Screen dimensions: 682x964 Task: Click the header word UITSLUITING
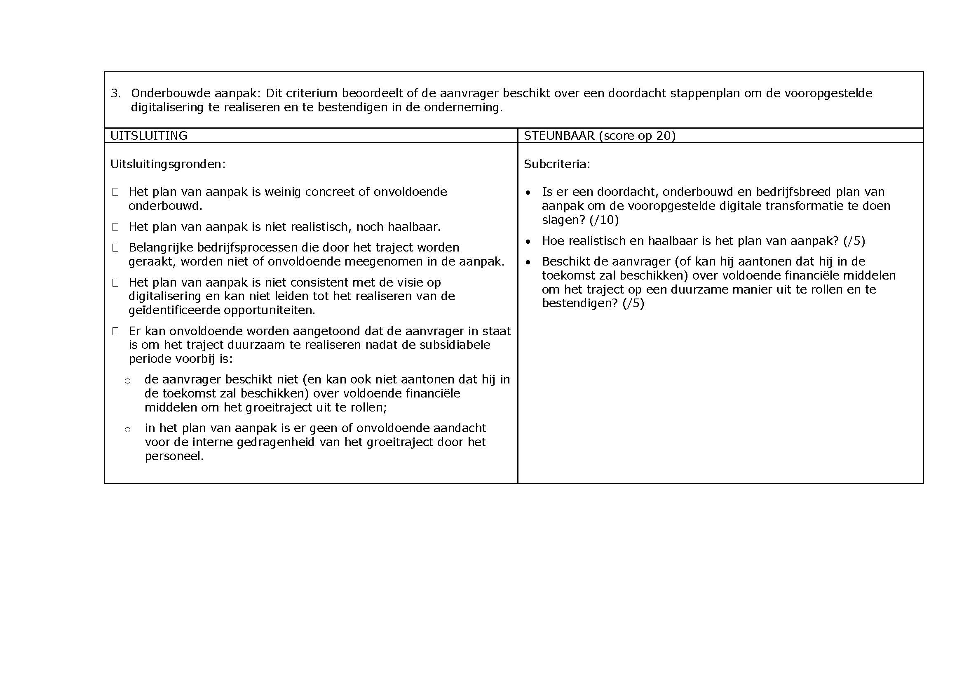(149, 136)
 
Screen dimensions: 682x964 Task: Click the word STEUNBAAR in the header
(559, 136)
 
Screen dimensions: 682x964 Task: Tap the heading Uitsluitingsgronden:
(168, 164)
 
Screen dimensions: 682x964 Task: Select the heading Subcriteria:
(557, 164)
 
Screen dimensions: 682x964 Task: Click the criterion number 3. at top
(115, 93)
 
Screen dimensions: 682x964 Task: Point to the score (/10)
(604, 220)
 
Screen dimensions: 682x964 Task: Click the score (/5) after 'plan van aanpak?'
(854, 241)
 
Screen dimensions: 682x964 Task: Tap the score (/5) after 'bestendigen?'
(633, 303)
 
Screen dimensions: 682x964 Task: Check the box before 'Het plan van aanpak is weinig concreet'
(115, 192)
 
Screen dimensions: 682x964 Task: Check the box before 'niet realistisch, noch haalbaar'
(115, 227)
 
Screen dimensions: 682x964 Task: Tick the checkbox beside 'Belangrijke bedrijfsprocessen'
(115, 248)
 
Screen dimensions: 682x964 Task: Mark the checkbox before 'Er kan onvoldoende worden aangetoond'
(115, 332)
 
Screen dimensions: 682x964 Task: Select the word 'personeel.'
(174, 456)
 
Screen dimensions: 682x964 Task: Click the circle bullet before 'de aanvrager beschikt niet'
(128, 381)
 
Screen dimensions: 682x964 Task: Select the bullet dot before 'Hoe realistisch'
(528, 242)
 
